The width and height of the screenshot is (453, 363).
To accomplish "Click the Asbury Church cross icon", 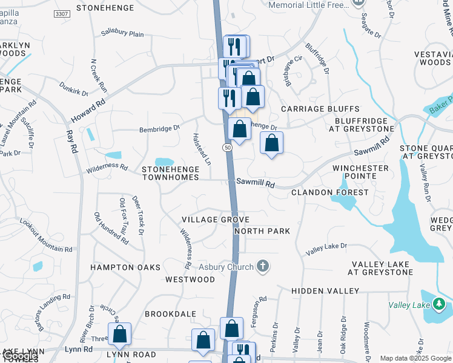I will (x=262, y=266).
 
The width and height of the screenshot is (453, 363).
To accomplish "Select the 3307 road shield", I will (x=61, y=13).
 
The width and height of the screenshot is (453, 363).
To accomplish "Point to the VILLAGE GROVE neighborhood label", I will (x=216, y=219).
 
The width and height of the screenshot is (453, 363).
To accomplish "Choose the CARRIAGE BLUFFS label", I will (x=320, y=109).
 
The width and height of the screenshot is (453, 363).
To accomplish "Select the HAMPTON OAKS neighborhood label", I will (x=125, y=267).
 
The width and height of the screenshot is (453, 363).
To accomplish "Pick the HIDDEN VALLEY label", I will (x=325, y=291).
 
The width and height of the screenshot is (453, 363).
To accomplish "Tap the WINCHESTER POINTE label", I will (x=360, y=172).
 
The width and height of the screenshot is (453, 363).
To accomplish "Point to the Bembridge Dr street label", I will (x=160, y=128).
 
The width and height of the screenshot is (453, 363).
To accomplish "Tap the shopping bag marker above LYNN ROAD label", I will (x=120, y=333).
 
